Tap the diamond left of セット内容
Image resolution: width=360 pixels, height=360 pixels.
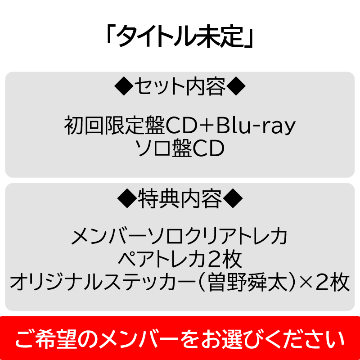[124, 86]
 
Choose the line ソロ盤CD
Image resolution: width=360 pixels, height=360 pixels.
[180, 148]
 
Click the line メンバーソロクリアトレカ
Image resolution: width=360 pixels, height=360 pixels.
[180, 237]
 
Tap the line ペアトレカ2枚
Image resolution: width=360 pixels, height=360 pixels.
[180, 260]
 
